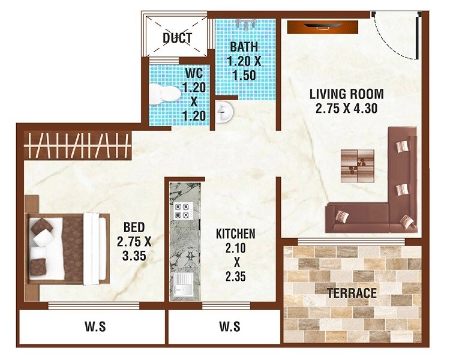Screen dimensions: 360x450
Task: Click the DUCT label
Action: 177,38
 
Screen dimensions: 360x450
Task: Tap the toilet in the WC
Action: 165,94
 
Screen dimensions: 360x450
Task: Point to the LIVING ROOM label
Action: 346,94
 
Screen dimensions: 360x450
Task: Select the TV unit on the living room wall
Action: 324,26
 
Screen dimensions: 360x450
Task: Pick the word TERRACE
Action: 352,293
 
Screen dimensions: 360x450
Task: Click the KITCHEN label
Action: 236,233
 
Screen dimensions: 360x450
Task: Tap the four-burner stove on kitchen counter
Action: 182,211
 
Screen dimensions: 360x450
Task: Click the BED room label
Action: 133,227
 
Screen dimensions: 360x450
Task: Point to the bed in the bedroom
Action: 66,248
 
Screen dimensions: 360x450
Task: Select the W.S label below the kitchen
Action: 230,327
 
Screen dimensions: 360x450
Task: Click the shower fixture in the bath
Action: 247,25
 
